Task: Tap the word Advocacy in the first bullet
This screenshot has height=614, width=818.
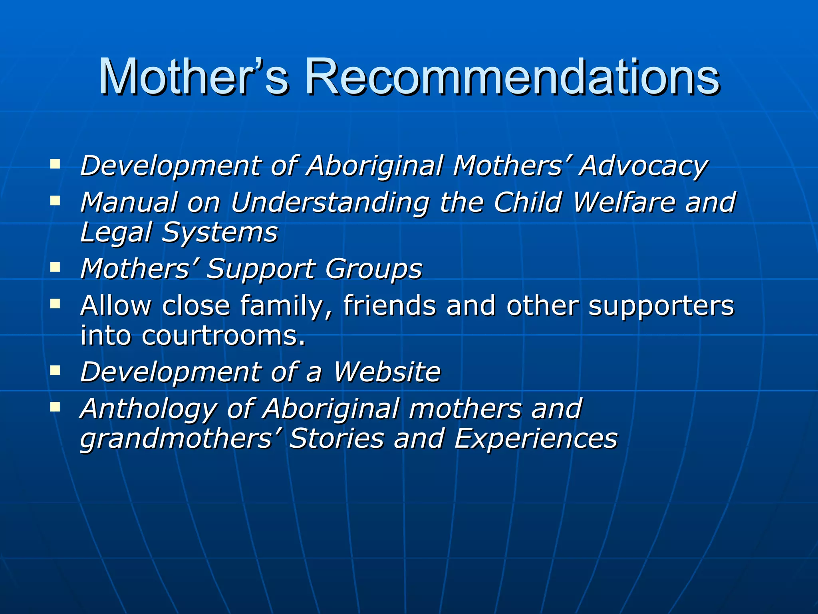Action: (643, 166)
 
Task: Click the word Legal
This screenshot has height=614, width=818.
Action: (115, 233)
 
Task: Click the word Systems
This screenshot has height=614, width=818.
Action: (219, 233)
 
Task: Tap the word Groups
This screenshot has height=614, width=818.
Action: (373, 269)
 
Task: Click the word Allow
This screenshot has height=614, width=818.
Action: (116, 306)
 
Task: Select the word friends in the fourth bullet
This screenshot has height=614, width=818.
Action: (389, 306)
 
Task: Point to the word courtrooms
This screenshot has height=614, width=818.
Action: (223, 336)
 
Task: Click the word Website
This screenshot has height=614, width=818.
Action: (387, 372)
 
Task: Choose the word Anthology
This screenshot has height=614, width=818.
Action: (148, 409)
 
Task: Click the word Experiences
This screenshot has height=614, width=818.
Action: (536, 439)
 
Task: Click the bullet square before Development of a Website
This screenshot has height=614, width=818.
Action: (55, 370)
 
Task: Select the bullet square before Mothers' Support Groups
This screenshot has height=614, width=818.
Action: (55, 267)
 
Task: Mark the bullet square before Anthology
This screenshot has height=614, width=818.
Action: (55, 407)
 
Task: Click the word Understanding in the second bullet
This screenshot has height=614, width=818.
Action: (330, 203)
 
